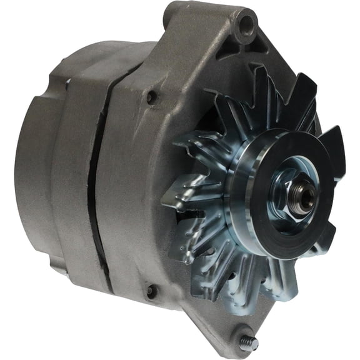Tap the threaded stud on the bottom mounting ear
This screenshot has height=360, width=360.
click(x=249, y=342)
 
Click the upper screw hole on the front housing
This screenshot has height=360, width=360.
click(x=151, y=97)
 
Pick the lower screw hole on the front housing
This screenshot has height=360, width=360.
click(x=150, y=291)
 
